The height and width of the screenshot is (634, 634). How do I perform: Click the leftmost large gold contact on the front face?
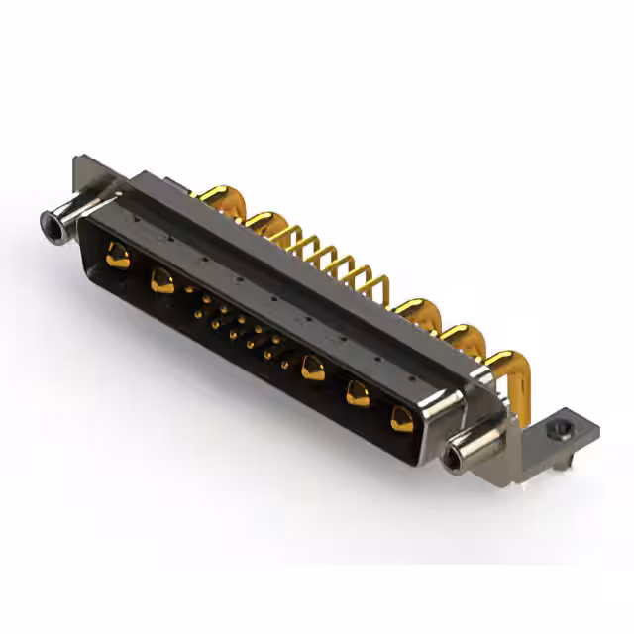[x=118, y=257]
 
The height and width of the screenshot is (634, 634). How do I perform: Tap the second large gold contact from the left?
[x=162, y=281]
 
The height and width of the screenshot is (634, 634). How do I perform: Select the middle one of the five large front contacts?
[x=313, y=368]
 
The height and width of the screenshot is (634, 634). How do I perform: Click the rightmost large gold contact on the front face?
[x=402, y=419]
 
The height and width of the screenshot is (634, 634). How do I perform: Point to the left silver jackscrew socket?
[x=53, y=227]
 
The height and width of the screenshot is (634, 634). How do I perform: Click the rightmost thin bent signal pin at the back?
[x=373, y=288]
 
